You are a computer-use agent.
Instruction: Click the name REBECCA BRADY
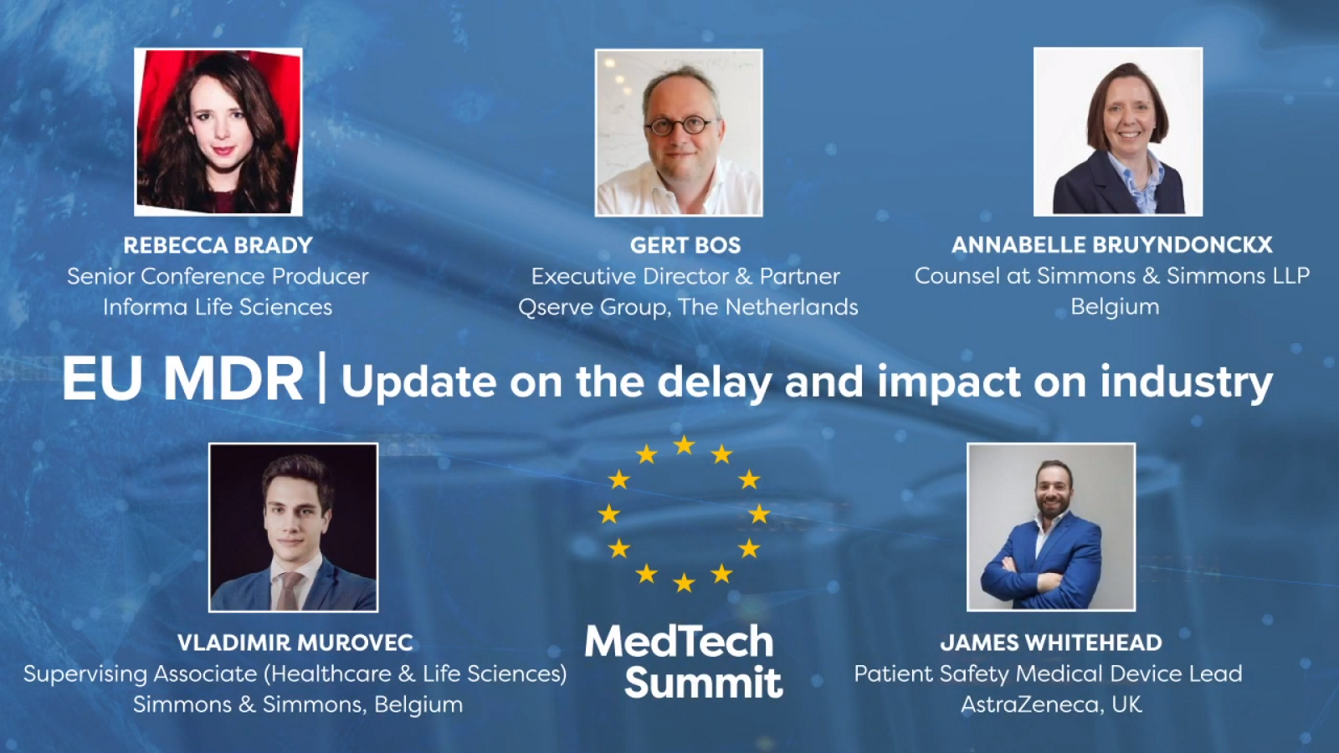point(218,245)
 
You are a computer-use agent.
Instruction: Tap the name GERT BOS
point(685,245)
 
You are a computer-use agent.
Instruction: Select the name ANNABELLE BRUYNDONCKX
point(1112,244)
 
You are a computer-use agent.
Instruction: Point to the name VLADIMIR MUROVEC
point(295,643)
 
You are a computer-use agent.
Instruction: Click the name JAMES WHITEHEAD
point(1051,643)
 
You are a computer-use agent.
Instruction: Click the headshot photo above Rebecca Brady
point(218,131)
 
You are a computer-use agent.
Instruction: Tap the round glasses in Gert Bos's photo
point(681,126)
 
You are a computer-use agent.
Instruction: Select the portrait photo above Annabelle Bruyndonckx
point(1118,131)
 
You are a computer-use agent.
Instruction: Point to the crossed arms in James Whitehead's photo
point(1041,575)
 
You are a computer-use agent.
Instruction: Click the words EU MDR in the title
point(182,380)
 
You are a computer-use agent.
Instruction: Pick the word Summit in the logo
point(704,682)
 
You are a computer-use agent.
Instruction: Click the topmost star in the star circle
point(684,445)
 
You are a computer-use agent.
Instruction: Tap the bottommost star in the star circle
point(684,582)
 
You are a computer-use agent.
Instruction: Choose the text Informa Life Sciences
point(218,307)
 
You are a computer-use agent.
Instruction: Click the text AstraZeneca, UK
point(1051,704)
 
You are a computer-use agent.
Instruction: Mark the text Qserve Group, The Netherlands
point(688,307)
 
